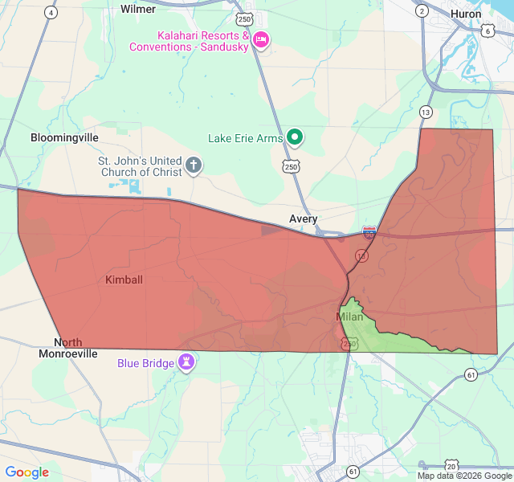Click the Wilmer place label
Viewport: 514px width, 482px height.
pos(138,9)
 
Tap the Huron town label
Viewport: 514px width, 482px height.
pos(466,14)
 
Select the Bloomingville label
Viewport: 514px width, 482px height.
pos(64,137)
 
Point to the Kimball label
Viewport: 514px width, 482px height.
pos(124,280)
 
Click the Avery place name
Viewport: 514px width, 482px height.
pos(304,219)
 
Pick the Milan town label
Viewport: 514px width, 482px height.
pos(349,317)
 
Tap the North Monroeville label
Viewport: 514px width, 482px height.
pos(68,348)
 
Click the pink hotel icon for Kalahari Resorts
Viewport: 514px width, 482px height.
pos(260,39)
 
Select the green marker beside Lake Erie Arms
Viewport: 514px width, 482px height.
pos(295,137)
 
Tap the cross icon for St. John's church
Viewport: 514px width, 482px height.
pos(194,165)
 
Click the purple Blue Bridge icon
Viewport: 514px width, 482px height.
pos(186,361)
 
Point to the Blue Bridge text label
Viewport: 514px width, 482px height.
pos(145,363)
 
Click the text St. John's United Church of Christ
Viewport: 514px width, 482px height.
pos(140,166)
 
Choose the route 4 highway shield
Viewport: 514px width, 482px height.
pos(51,12)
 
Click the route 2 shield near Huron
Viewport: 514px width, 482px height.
pos(422,10)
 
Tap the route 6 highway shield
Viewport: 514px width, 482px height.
pos(488,31)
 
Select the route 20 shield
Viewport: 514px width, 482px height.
pos(452,466)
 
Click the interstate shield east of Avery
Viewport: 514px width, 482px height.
pos(369,232)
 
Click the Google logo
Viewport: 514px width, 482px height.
pos(27,472)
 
